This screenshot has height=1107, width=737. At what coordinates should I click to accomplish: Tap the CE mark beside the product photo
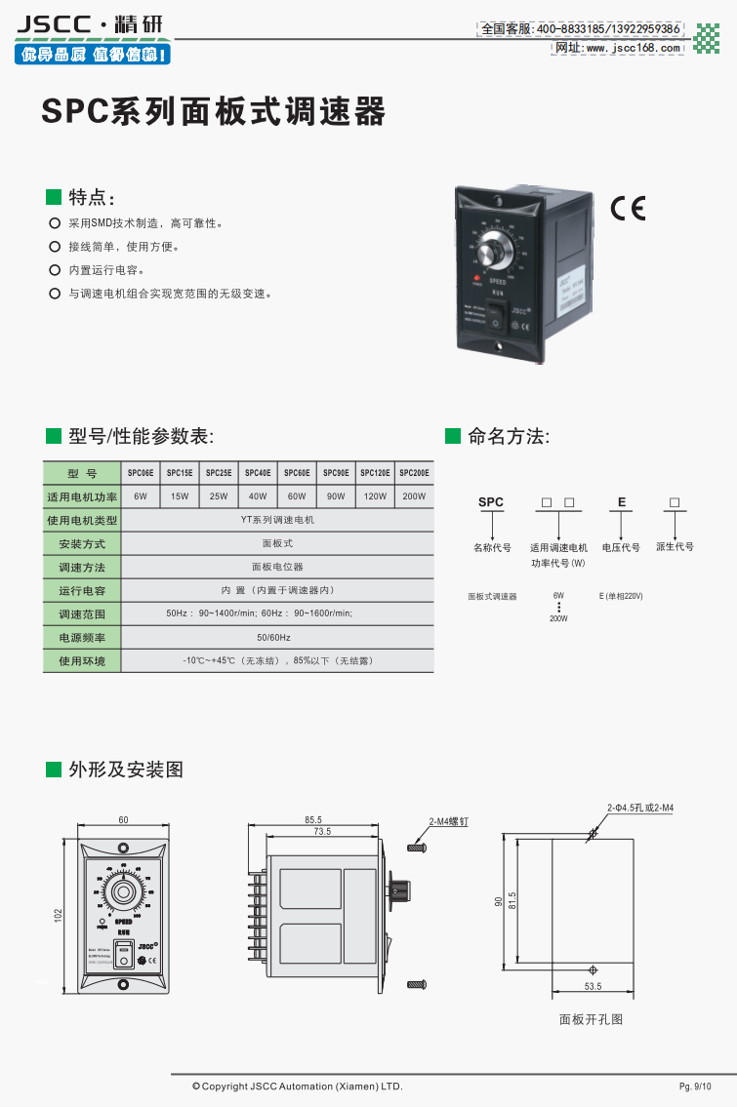tap(628, 209)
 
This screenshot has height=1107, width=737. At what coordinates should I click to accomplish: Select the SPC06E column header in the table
tap(141, 473)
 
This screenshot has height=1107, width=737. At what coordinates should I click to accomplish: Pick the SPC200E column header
tap(414, 473)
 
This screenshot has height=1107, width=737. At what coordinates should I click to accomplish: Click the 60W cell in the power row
tap(297, 496)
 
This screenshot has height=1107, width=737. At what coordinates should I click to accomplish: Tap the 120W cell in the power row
tap(375, 496)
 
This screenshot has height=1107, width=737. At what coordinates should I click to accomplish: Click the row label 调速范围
tap(82, 614)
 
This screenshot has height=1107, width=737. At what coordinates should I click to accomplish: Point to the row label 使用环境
tap(82, 661)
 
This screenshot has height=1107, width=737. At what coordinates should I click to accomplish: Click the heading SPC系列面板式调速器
tap(214, 112)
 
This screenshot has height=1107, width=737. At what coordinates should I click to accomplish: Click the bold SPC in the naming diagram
tap(491, 502)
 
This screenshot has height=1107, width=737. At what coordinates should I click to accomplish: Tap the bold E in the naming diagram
tap(621, 502)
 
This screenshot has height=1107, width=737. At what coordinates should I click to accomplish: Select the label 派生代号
tap(675, 547)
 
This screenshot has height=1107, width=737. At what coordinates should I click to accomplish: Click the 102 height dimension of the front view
tap(58, 916)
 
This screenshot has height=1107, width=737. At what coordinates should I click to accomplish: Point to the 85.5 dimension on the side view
tap(313, 820)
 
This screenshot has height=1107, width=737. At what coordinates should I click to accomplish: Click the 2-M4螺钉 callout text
tap(450, 822)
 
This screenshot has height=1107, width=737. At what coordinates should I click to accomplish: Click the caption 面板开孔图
tap(591, 1020)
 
